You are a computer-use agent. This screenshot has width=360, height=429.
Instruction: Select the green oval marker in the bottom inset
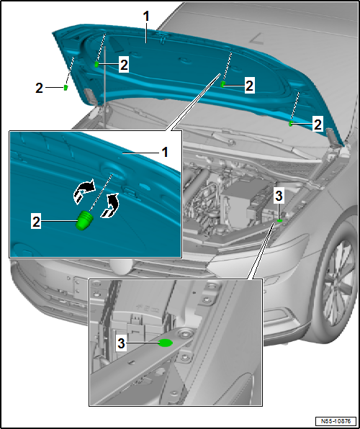click(165, 343)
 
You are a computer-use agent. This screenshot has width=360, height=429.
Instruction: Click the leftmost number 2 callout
click(39, 88)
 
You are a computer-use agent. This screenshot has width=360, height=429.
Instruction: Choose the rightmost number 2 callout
click(318, 125)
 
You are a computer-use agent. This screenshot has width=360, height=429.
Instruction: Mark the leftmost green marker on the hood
click(66, 88)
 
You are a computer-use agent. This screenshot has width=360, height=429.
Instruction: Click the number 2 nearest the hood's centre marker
click(249, 86)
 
